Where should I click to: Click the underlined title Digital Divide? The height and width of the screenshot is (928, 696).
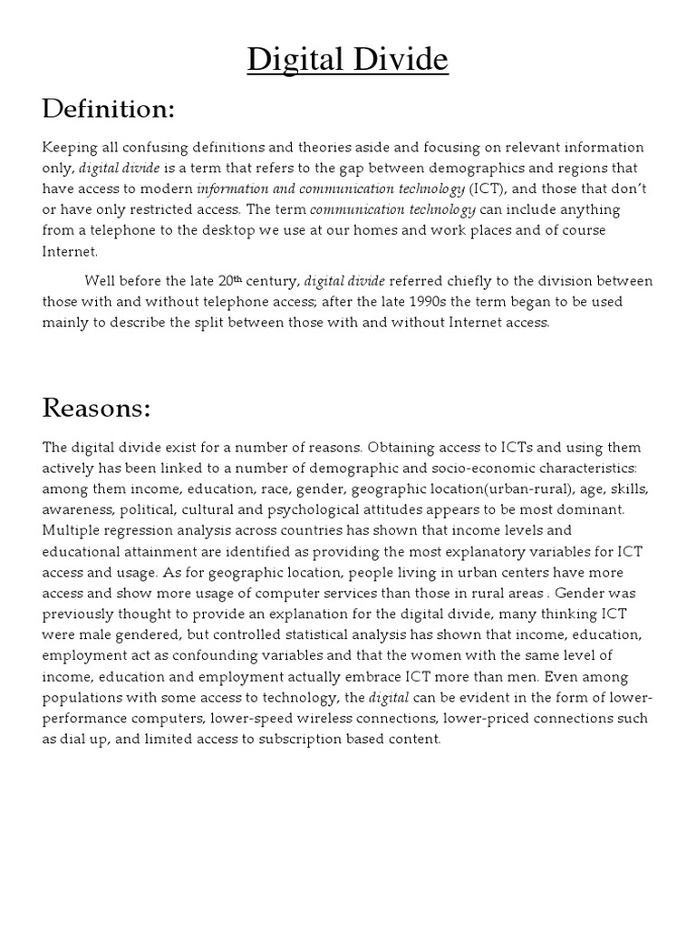348,60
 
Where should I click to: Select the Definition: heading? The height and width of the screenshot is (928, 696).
108,111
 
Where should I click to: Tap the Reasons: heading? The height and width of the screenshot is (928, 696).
96,408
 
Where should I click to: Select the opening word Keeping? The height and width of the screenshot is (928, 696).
71,147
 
